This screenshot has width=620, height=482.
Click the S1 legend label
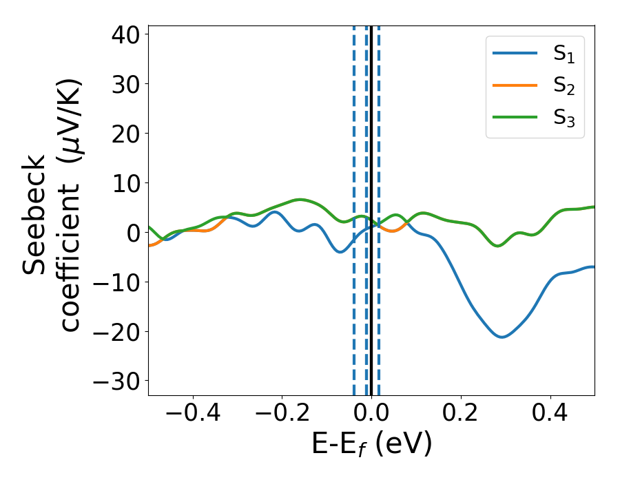(564, 56)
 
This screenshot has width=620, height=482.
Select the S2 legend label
(564, 87)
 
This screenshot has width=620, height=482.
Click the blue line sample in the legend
(515, 54)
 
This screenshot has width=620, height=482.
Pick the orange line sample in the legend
(515, 85)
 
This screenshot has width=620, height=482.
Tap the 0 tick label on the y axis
(132, 233)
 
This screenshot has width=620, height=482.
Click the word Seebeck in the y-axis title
(34, 216)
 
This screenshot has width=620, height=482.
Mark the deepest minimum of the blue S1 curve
(502, 337)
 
